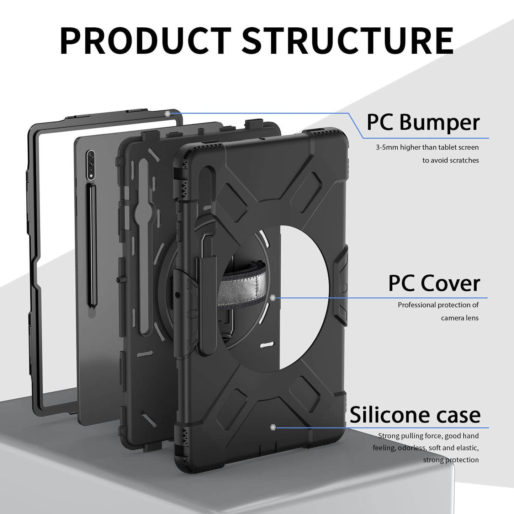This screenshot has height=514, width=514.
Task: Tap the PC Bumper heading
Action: pyautogui.click(x=423, y=122)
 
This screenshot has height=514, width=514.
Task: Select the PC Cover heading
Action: pyautogui.click(x=434, y=284)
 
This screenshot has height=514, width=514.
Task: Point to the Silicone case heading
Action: pyautogui.click(x=415, y=415)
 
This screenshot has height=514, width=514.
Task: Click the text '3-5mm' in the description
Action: pyautogui.click(x=387, y=147)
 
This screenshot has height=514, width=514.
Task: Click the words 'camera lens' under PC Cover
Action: pyautogui.click(x=460, y=318)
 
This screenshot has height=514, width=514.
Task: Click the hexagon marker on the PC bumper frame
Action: pyautogui.click(x=168, y=113)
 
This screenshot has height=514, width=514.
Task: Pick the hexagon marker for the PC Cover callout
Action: pyautogui.click(x=273, y=298)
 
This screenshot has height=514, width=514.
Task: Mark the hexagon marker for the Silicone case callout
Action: pyautogui.click(x=273, y=427)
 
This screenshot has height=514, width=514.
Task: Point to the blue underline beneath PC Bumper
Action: pyautogui.click(x=427, y=138)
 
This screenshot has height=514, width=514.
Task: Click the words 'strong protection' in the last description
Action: pyautogui.click(x=451, y=460)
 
